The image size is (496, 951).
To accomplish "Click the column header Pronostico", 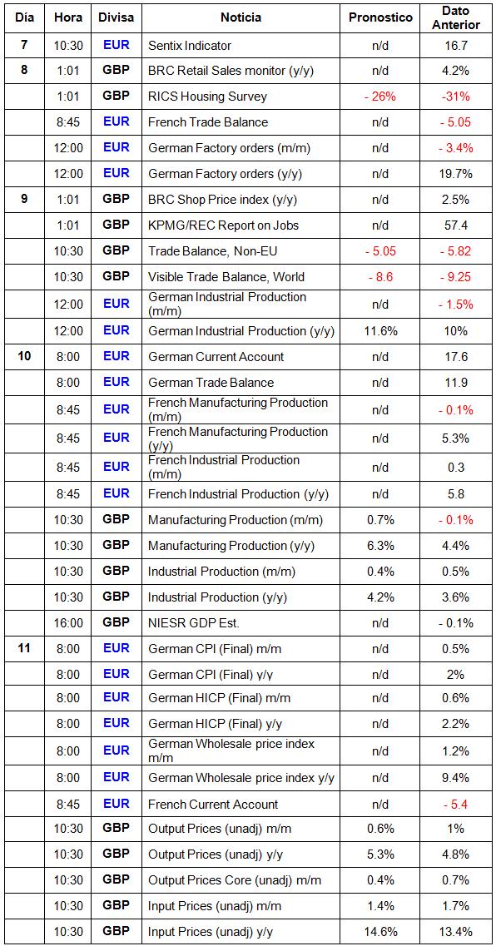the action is tap(381, 17).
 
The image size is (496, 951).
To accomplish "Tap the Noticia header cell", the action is tap(241, 17).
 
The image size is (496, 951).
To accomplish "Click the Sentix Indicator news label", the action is tap(190, 46).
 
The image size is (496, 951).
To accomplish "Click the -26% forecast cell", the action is tap(381, 97).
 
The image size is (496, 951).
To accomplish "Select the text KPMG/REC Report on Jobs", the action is tap(223, 225).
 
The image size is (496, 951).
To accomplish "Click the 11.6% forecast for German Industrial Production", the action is tap(381, 330).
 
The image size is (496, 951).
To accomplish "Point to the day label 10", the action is tap(24, 356).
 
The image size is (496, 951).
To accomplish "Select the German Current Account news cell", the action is tap(216, 357).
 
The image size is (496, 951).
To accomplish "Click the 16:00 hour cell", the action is tap(69, 622).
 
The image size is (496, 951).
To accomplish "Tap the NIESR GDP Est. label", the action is tap(192, 622).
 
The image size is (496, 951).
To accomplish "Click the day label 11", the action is tap(24, 648).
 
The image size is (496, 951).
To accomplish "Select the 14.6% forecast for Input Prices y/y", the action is tap(381, 932).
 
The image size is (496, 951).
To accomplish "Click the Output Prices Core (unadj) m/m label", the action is tap(235, 880).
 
